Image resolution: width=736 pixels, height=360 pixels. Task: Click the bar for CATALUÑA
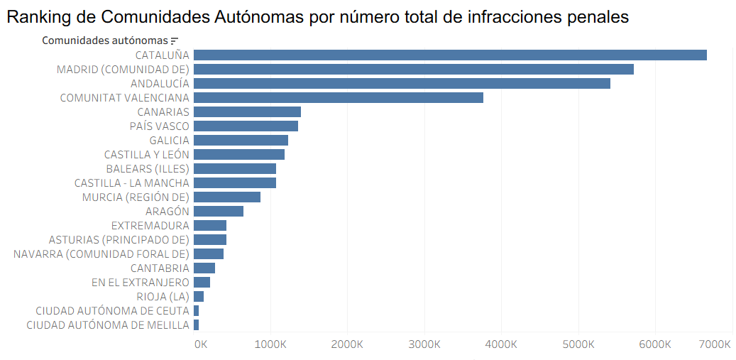coord(450,55)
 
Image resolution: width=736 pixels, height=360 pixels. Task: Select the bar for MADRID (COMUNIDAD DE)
coord(413,69)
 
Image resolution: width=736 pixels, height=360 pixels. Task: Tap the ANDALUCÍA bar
coord(402,83)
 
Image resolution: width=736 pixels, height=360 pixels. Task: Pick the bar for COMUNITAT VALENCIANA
coord(338,97)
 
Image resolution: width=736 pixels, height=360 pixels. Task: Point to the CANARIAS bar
coord(247,111)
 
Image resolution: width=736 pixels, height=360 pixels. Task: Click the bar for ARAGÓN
coord(219,211)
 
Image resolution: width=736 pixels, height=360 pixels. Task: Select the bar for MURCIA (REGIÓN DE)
coord(227,197)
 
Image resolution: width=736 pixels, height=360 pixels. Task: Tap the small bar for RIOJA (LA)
coord(199,296)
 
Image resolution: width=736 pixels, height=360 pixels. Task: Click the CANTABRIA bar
coord(204,268)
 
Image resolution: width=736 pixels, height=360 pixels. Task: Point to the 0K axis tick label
coord(201,344)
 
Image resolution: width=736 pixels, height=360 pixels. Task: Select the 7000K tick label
coord(714,344)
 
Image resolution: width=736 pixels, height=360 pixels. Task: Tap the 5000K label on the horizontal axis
coord(578,344)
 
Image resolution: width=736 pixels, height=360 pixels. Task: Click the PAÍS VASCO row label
coord(160,126)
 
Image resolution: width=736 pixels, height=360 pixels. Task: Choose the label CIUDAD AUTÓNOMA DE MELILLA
coord(108,324)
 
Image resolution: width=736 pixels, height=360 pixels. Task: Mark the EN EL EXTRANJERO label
coord(141,282)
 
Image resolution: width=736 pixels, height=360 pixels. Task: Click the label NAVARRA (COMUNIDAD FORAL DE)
coord(101,253)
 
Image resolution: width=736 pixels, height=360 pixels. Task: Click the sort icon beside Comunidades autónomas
coord(175,41)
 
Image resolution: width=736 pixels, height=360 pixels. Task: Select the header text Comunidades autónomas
coord(105,40)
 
